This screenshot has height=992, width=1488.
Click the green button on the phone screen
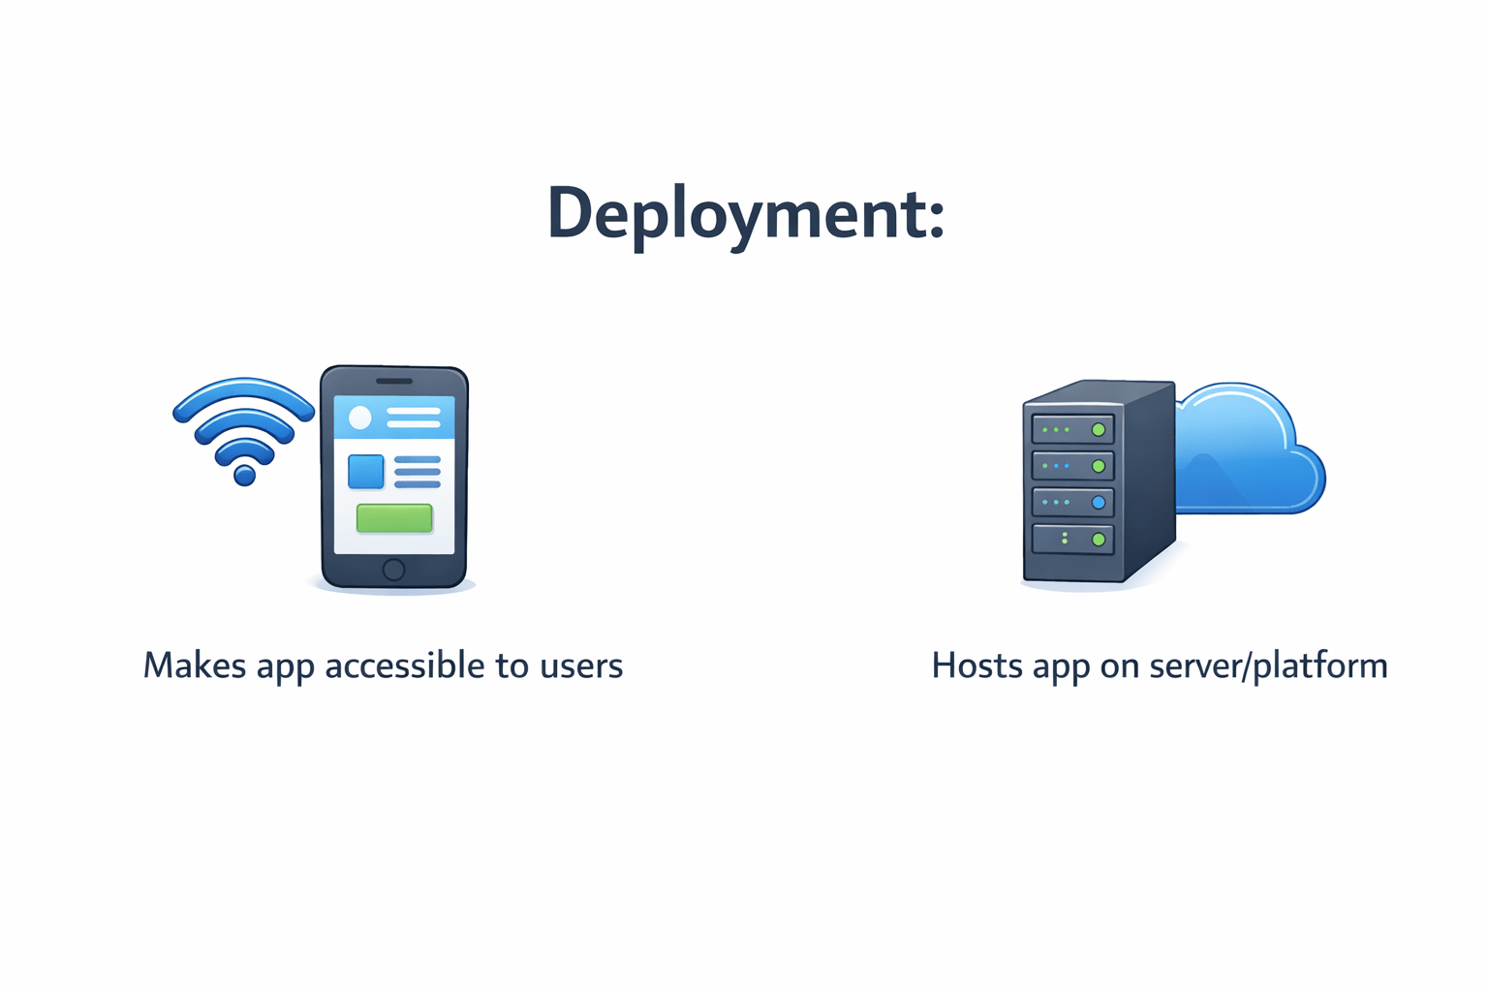point(394,518)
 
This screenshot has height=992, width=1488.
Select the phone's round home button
point(393,569)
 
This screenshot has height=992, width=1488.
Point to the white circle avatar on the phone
point(360,418)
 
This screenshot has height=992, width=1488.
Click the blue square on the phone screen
point(366,472)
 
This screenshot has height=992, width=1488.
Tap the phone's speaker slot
point(394,381)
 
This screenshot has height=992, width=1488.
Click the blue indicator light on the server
point(1099,503)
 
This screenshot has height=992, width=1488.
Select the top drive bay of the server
point(1072,429)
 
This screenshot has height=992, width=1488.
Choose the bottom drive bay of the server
point(1072,539)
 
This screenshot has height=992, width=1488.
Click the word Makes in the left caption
point(195,666)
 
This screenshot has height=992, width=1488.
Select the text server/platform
point(1268,666)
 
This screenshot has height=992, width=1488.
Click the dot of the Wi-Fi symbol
point(245,475)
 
